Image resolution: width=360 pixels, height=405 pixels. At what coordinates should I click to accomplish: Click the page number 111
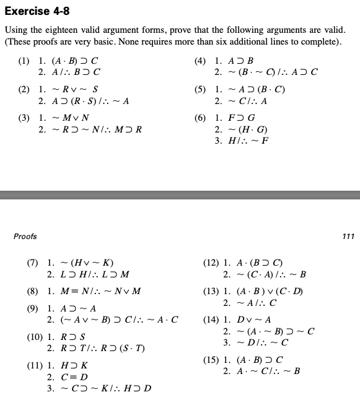(x=348, y=236)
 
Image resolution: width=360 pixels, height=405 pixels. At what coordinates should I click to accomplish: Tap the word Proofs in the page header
(x=25, y=236)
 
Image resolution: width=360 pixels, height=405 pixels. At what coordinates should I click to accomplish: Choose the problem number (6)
(x=200, y=118)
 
